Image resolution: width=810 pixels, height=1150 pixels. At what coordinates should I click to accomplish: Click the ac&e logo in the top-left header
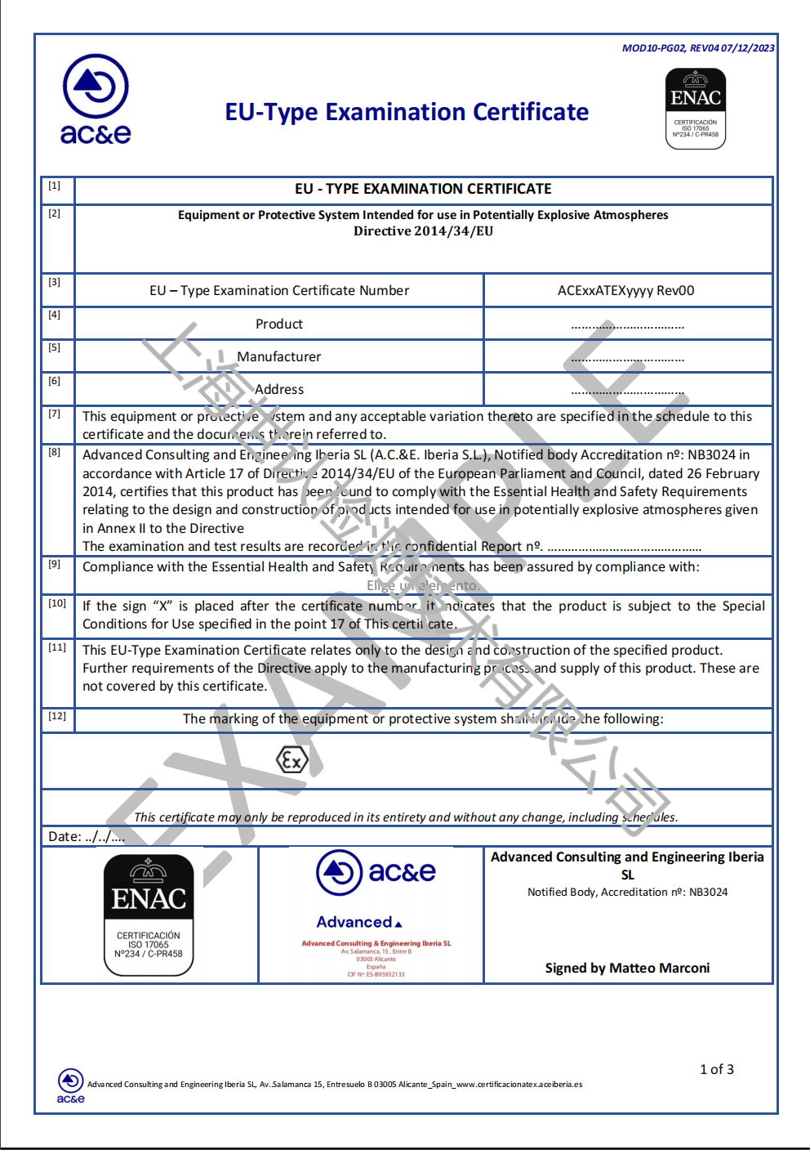point(96,99)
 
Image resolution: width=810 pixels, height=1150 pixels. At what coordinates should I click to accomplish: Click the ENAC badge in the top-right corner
point(696,109)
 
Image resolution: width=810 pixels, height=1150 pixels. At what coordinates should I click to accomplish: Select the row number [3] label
point(54,282)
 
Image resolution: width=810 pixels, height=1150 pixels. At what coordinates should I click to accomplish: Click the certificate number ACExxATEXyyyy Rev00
point(625,290)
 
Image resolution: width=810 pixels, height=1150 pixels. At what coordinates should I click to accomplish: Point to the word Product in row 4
point(278,324)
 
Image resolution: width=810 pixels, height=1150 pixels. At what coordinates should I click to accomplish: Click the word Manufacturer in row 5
point(278,356)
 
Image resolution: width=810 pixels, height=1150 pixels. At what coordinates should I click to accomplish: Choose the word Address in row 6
point(278,389)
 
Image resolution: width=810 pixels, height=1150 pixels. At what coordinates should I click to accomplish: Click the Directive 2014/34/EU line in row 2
point(423,231)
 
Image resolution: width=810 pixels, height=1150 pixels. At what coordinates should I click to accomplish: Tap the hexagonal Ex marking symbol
point(292,760)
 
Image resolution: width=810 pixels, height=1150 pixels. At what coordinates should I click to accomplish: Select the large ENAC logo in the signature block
point(149,915)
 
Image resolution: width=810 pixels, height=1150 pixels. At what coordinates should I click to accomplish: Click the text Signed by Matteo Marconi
point(627,968)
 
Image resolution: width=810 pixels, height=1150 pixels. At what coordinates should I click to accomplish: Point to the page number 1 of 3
point(716,1069)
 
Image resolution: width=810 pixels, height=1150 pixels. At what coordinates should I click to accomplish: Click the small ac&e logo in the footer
point(71,1085)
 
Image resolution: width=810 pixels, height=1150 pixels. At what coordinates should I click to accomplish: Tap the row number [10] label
point(57,603)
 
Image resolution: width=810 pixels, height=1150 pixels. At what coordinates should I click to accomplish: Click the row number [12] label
point(57,716)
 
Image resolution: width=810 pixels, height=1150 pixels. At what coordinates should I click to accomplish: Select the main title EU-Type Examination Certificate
point(407,112)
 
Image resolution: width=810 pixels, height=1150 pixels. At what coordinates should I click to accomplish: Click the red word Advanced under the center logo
point(355,922)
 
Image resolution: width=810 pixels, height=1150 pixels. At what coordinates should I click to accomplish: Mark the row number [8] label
point(54,452)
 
